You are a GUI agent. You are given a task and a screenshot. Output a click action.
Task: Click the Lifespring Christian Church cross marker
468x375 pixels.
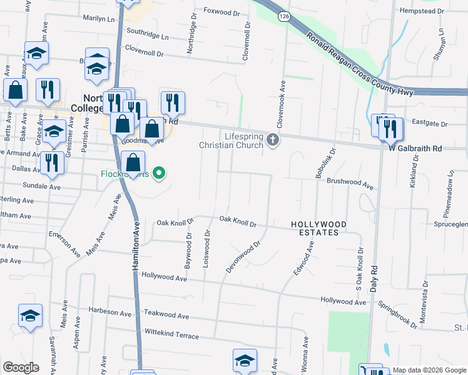point(272,140)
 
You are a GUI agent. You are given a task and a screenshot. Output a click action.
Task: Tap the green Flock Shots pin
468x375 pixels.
point(160,173)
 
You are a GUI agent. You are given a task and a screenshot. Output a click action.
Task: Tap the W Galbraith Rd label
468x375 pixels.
point(415,149)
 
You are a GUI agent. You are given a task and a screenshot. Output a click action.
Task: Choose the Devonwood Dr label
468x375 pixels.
point(242,258)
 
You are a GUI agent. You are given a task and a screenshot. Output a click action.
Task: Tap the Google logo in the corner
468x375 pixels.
point(21,367)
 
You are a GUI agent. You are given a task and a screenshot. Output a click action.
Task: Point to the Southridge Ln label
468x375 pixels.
point(148,34)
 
